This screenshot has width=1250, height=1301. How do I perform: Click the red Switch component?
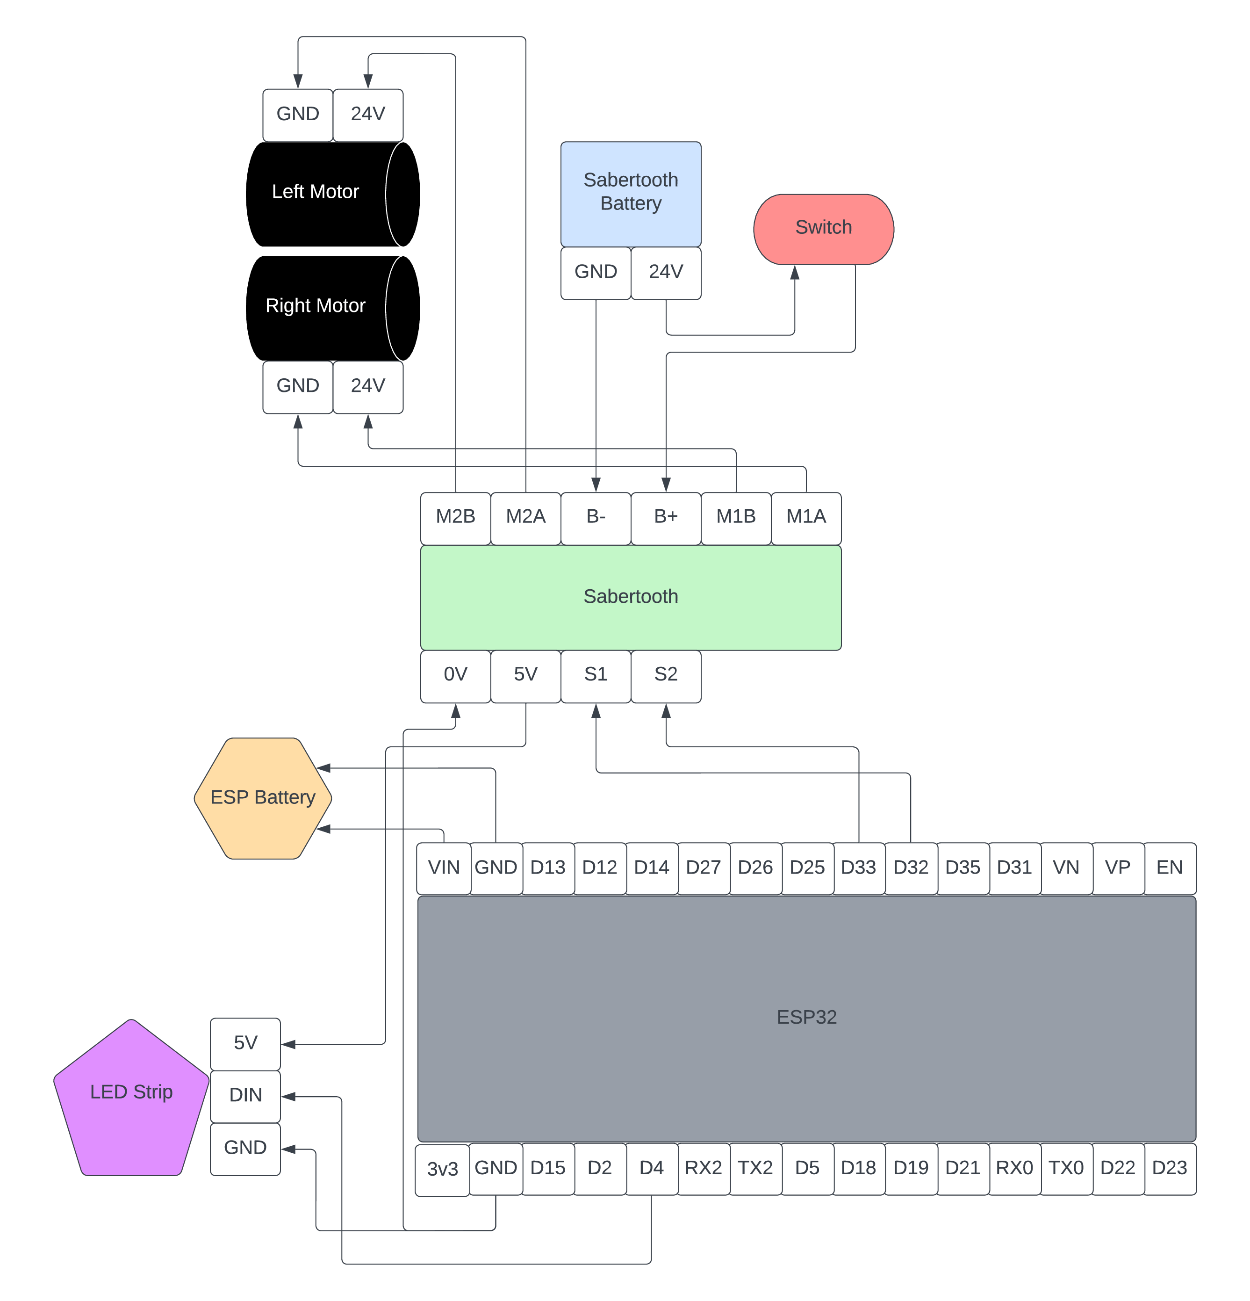[x=823, y=229]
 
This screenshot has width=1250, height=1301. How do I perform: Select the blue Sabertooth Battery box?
[x=630, y=194]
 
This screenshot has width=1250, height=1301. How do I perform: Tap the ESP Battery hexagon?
[x=263, y=798]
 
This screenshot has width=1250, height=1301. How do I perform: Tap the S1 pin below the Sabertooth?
[x=596, y=676]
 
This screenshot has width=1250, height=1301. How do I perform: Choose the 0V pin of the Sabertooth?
[x=455, y=676]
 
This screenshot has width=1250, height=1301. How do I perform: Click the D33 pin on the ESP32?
[x=859, y=868]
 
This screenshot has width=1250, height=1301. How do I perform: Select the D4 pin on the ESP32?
[x=652, y=1169]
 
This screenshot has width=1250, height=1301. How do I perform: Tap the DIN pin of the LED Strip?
[x=245, y=1097]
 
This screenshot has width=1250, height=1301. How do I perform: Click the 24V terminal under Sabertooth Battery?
[x=666, y=273]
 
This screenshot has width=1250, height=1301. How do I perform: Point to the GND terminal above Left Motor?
[x=298, y=115]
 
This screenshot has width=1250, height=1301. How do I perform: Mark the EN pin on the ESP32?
[x=1170, y=868]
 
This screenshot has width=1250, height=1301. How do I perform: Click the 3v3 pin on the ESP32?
[x=443, y=1170]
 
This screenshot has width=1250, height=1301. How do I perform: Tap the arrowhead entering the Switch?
[x=794, y=272]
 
